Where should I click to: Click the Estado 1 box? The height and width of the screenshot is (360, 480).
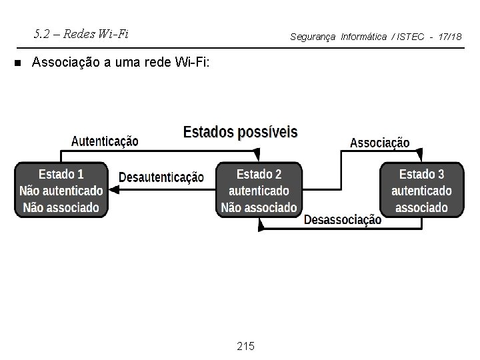61,190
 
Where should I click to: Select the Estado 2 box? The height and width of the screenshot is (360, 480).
259,190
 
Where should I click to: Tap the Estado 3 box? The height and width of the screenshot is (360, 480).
421,190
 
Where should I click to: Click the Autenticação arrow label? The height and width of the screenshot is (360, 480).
105,141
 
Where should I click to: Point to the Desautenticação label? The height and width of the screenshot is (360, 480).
161,177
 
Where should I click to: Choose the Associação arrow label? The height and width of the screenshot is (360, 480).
379,143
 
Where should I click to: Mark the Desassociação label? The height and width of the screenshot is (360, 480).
343,219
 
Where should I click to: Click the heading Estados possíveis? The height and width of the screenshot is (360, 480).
241,131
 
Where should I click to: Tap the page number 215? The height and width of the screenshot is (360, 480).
246,345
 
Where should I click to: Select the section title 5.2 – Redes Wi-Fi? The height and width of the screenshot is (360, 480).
81,34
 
